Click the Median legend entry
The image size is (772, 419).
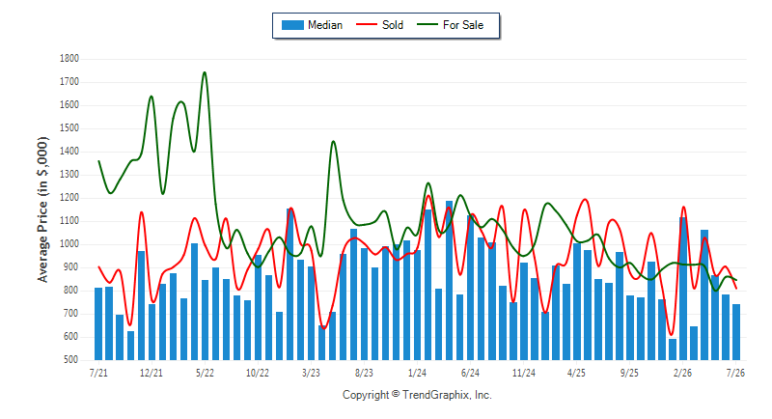[312, 25]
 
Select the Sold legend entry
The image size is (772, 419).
[379, 25]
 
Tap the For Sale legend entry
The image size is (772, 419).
[450, 25]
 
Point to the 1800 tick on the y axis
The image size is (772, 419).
[69, 59]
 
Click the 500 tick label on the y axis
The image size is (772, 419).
[70, 360]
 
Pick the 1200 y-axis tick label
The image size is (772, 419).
[69, 198]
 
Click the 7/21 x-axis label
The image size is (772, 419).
[98, 373]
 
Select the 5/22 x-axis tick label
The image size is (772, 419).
[205, 373]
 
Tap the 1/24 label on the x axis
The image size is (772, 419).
[417, 373]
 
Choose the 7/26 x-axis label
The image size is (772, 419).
[735, 373]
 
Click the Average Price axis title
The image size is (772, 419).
[42, 209]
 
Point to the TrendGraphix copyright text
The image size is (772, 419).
[417, 395]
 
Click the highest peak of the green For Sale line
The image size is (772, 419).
[205, 72]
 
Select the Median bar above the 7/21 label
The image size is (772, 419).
[98, 324]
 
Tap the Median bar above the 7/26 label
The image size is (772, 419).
[736, 332]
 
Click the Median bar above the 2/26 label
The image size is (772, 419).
[683, 289]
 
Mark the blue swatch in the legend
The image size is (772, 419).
[292, 25]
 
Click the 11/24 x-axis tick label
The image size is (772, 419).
[523, 373]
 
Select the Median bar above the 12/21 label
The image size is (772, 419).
[152, 332]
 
